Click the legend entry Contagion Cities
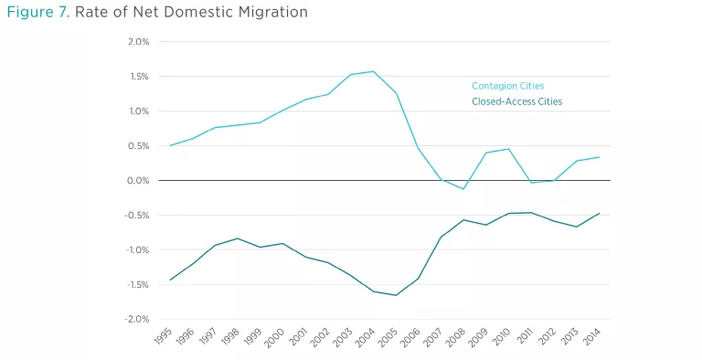(507, 86)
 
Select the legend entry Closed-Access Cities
(517, 101)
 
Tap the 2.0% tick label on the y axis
(138, 42)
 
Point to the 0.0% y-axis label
(138, 180)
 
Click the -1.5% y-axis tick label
(136, 284)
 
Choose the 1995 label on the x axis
(164, 336)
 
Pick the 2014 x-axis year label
(592, 336)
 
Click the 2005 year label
(388, 337)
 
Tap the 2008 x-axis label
(456, 337)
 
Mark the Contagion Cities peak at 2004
(373, 71)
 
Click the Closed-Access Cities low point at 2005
(396, 295)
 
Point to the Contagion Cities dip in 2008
(463, 189)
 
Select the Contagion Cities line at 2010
(509, 149)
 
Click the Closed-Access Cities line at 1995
(170, 280)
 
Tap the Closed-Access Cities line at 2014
(599, 214)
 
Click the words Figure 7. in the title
(38, 12)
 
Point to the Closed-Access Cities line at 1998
(238, 238)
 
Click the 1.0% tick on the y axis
(139, 111)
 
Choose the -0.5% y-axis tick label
(136, 216)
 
